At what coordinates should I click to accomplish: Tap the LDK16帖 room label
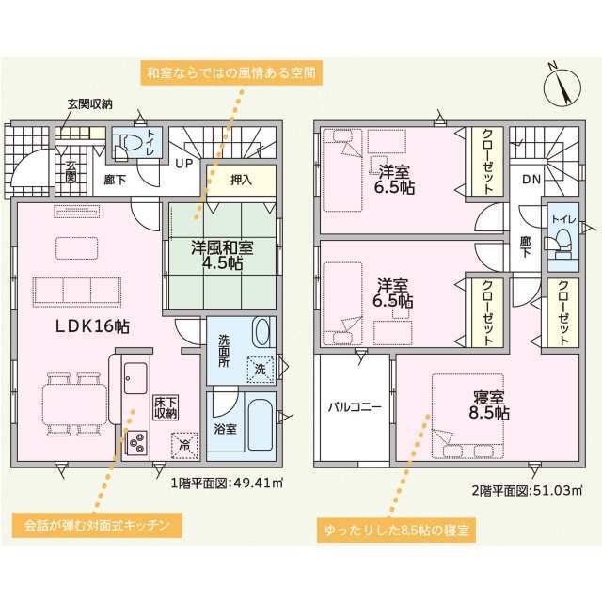click(x=92, y=326)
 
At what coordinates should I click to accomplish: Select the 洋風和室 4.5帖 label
click(x=222, y=255)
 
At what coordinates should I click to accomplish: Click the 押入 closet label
click(x=241, y=180)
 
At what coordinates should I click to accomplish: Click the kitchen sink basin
click(x=135, y=378)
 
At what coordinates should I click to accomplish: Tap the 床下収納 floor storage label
click(x=166, y=407)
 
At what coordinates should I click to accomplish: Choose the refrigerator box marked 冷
click(x=184, y=445)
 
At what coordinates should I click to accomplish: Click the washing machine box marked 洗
click(x=261, y=370)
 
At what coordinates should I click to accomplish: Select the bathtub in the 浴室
click(x=261, y=424)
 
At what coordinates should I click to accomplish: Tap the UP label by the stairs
click(x=183, y=164)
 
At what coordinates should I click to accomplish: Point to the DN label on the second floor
click(x=531, y=179)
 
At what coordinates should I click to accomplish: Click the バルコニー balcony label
click(x=355, y=407)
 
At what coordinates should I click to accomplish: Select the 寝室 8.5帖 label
click(x=489, y=405)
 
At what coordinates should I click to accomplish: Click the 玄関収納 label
click(x=90, y=104)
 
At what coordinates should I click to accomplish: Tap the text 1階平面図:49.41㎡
click(x=227, y=483)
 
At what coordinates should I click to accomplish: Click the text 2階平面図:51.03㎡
click(x=527, y=490)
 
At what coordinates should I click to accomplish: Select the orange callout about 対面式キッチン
click(x=97, y=525)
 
